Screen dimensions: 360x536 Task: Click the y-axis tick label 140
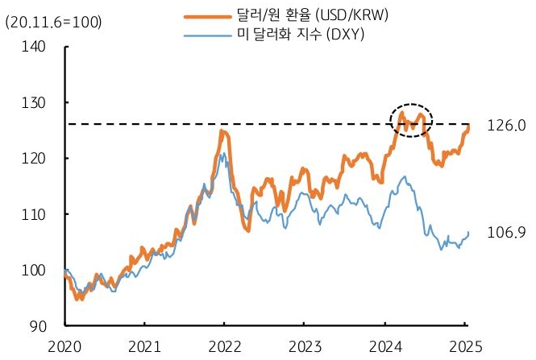(x=35, y=48)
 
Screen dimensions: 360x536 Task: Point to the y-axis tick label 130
(x=35, y=103)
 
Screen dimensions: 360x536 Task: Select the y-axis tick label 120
(x=35, y=159)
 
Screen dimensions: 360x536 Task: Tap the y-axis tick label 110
(x=35, y=214)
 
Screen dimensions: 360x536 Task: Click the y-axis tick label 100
(x=35, y=270)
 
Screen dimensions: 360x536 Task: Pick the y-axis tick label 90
(x=38, y=325)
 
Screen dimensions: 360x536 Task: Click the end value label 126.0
(x=505, y=126)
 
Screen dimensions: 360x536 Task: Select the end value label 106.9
(x=505, y=233)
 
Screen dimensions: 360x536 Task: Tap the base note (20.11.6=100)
(x=48, y=23)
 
